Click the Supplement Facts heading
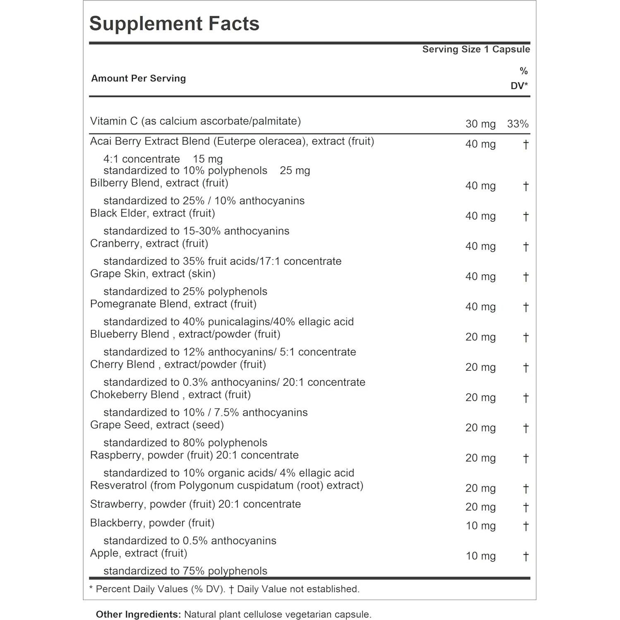(x=174, y=24)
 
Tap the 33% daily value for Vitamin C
(x=518, y=124)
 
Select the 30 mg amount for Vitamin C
(x=480, y=124)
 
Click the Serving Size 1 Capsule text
(x=476, y=49)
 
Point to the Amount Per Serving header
(x=138, y=78)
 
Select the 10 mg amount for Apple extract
(x=481, y=556)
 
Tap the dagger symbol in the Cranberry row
(x=526, y=246)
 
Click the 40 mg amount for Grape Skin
(x=480, y=276)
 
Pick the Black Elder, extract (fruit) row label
(x=152, y=213)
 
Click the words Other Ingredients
(x=138, y=614)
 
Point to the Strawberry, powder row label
(x=195, y=504)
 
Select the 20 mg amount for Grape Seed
(x=480, y=428)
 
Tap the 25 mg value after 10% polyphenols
(x=295, y=171)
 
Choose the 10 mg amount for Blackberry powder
(x=481, y=526)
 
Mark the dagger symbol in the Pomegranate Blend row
(x=526, y=307)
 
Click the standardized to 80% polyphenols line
(x=185, y=442)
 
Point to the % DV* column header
(x=520, y=78)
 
